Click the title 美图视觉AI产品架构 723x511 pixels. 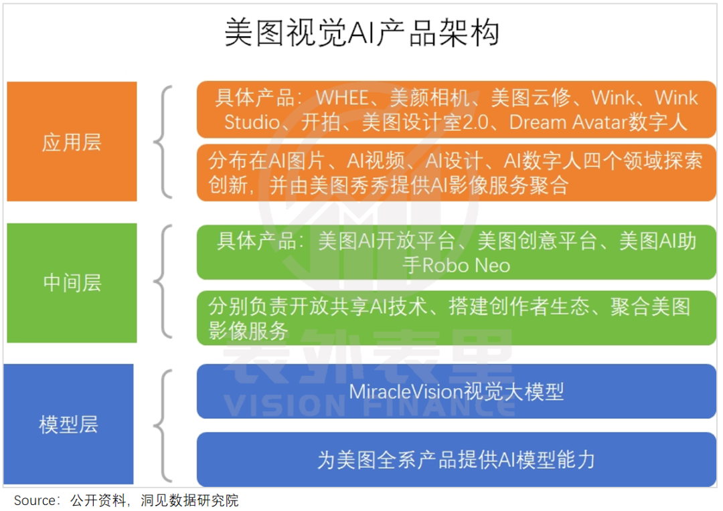pyautogui.click(x=362, y=33)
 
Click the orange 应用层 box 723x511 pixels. pyautogui.click(x=72, y=141)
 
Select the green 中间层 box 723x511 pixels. pyautogui.click(x=72, y=283)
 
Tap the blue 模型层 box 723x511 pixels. pyautogui.click(x=69, y=424)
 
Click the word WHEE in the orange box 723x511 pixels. pyautogui.click(x=342, y=98)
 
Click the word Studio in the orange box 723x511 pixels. pyautogui.click(x=252, y=122)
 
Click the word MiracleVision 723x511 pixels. pyautogui.click(x=406, y=392)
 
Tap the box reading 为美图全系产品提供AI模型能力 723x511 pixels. pyautogui.click(x=457, y=459)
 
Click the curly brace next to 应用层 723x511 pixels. pyautogui.click(x=163, y=141)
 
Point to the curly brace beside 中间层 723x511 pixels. pyautogui.click(x=163, y=282)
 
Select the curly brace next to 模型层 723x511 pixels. pyautogui.click(x=163, y=425)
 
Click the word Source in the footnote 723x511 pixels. pyautogui.click(x=35, y=500)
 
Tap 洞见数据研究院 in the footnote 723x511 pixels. pyautogui.click(x=189, y=500)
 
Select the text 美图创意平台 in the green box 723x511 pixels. pyautogui.click(x=537, y=241)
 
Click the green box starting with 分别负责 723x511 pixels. pyautogui.click(x=457, y=318)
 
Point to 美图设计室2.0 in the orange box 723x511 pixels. pyautogui.click(x=424, y=122)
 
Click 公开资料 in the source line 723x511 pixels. pyautogui.click(x=98, y=500)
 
